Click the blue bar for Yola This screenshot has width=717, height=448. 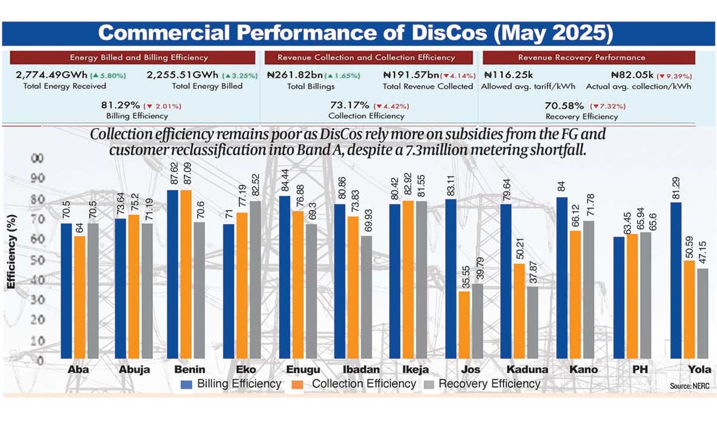point(676,281)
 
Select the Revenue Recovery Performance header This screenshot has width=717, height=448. point(589,57)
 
